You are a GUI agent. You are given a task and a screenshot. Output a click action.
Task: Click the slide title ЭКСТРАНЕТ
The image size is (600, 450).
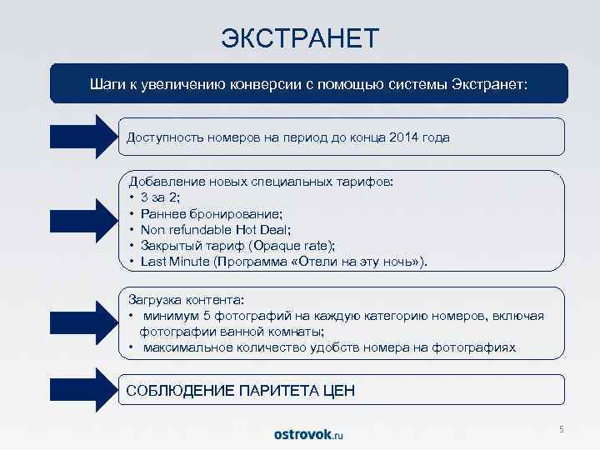coord(300,37)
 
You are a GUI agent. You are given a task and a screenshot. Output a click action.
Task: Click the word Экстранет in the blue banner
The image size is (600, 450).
coord(487,84)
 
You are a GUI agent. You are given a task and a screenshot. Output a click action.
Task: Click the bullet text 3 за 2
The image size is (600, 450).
coord(160,197)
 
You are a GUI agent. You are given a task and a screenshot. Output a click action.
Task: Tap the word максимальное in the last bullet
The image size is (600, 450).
coord(183,347)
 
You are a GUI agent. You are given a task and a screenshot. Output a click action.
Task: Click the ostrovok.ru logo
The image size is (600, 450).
coord(308,434)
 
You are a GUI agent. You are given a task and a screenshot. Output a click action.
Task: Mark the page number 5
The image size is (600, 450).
coord(561,429)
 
